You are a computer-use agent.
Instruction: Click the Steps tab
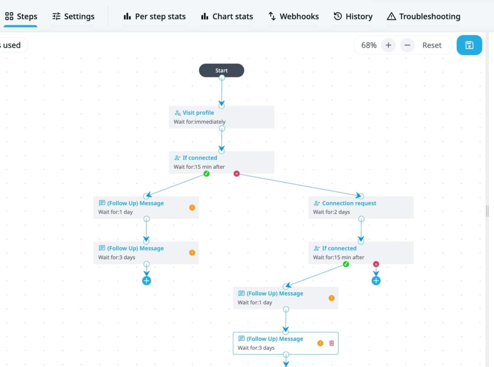point(21,16)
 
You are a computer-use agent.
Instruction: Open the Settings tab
point(73,16)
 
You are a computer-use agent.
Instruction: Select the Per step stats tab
point(154,16)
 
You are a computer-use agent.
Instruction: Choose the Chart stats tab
point(227,16)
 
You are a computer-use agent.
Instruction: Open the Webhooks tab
point(293,16)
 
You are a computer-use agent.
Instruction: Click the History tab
point(353,16)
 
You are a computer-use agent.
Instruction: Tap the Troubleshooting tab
point(424,16)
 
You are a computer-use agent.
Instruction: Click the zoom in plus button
point(388,45)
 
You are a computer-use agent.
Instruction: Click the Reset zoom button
point(432,45)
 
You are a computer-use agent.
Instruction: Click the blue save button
point(469,45)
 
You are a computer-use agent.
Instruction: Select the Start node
point(221,70)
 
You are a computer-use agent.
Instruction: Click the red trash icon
point(331,343)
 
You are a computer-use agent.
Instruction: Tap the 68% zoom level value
point(369,45)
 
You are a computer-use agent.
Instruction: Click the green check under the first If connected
point(206,174)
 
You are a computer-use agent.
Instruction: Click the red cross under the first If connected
point(236,174)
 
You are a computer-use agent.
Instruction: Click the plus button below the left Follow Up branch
point(147,280)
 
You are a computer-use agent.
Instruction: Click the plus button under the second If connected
point(376,280)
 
